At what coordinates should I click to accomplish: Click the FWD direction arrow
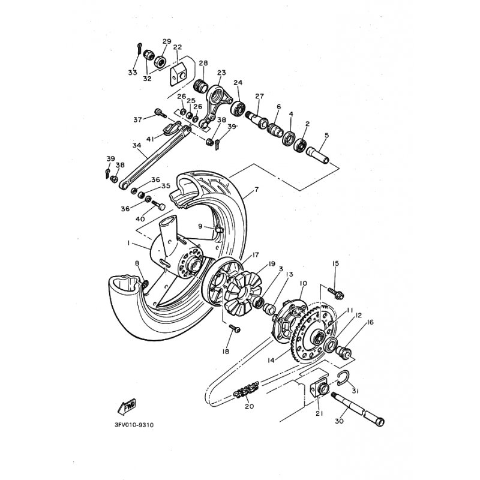pos(127,407)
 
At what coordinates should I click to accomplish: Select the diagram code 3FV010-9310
pos(134,425)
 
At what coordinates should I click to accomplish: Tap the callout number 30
pos(339,421)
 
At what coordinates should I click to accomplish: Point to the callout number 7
pos(256,190)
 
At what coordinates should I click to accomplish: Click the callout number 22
pos(177,47)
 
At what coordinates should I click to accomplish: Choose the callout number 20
pos(250,407)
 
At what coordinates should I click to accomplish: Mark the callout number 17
pos(256,254)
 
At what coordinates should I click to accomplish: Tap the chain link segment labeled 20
pos(246,389)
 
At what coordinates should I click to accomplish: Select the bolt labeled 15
pos(336,292)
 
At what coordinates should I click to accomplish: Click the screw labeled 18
pos(235,328)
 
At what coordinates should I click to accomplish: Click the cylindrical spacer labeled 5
pos(317,155)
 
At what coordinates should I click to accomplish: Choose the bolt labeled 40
pos(158,205)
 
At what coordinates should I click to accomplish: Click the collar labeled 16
pos(344,352)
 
